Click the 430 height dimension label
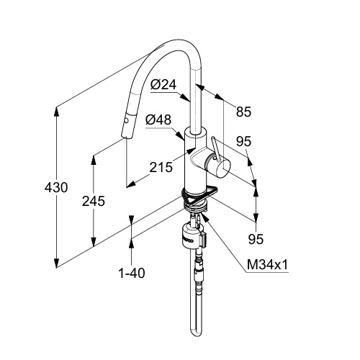click(x=56, y=187)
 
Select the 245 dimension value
click(x=94, y=201)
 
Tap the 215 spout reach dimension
click(x=161, y=167)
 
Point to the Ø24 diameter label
click(x=163, y=84)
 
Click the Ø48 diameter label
click(x=158, y=120)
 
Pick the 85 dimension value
click(x=243, y=112)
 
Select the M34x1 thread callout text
click(x=267, y=265)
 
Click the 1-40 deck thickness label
click(x=132, y=273)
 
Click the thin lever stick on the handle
click(x=216, y=148)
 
